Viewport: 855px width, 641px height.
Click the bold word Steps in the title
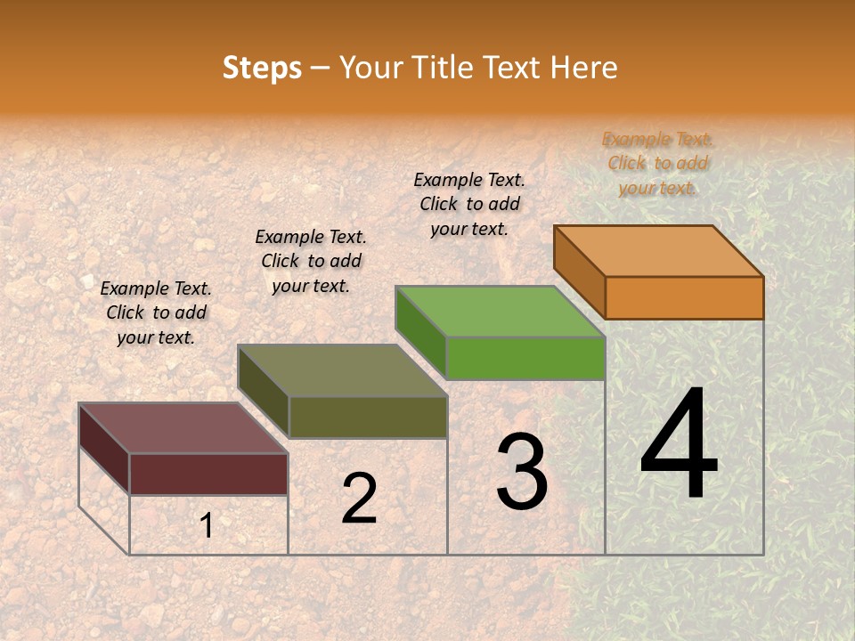pyautogui.click(x=262, y=68)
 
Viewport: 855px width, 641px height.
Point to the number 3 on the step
pyautogui.click(x=521, y=473)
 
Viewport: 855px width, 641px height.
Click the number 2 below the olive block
pyautogui.click(x=359, y=499)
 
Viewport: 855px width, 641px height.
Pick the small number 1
pyautogui.click(x=207, y=526)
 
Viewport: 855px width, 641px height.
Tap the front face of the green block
pyautogui.click(x=525, y=359)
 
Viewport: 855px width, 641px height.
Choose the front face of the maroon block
pyautogui.click(x=208, y=474)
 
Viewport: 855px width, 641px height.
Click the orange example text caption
pyautogui.click(x=657, y=163)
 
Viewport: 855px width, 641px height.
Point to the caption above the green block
pyautogui.click(x=469, y=204)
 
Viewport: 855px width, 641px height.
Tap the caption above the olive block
pyautogui.click(x=311, y=261)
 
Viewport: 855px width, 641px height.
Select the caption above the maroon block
pyautogui.click(x=156, y=312)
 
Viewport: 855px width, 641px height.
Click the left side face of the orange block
pyautogui.click(x=580, y=271)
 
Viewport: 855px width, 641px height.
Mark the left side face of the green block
pyautogui.click(x=421, y=331)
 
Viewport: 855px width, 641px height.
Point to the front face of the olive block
pyautogui.click(x=367, y=417)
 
